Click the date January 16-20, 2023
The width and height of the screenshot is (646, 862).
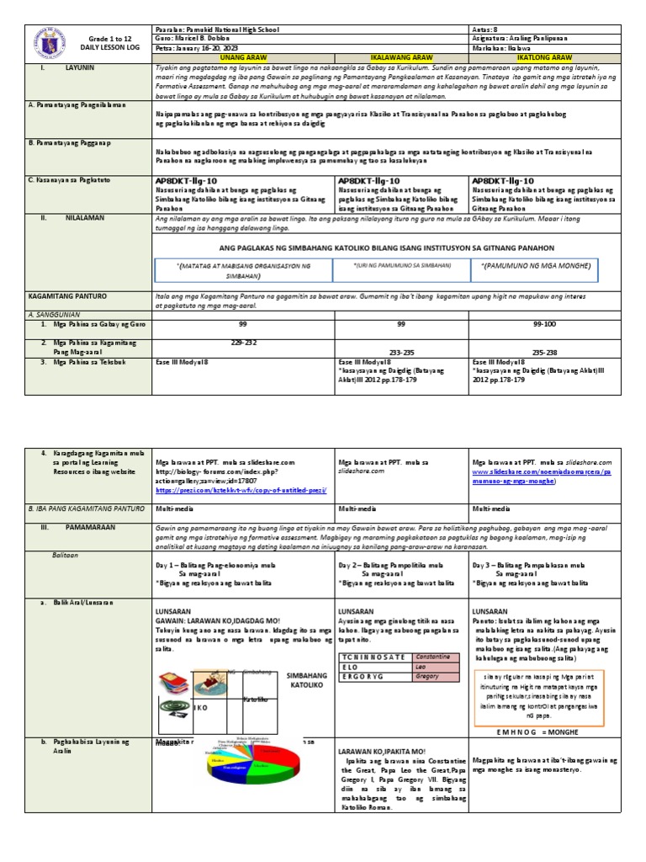click(x=202, y=47)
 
